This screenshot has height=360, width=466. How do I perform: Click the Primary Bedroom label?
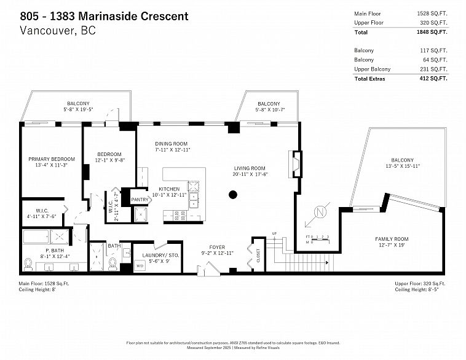click(52, 158)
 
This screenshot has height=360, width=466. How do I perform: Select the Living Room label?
click(249, 168)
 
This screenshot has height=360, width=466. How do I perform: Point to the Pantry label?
click(140, 199)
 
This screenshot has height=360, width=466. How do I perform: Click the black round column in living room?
click(233, 195)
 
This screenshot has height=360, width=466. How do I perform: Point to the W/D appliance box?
click(140, 266)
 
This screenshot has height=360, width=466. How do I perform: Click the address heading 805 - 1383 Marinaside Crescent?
click(105, 15)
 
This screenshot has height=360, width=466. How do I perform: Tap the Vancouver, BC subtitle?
click(58, 30)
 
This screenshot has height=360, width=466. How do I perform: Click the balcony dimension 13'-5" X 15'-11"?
click(403, 166)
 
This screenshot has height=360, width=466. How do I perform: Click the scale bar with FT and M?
click(318, 238)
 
